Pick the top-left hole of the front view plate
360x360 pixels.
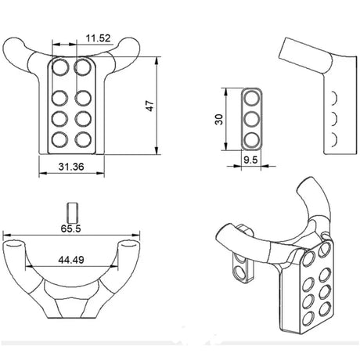click(59, 69)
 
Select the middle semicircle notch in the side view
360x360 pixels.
click(334, 118)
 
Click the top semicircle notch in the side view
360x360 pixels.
click(334, 98)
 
